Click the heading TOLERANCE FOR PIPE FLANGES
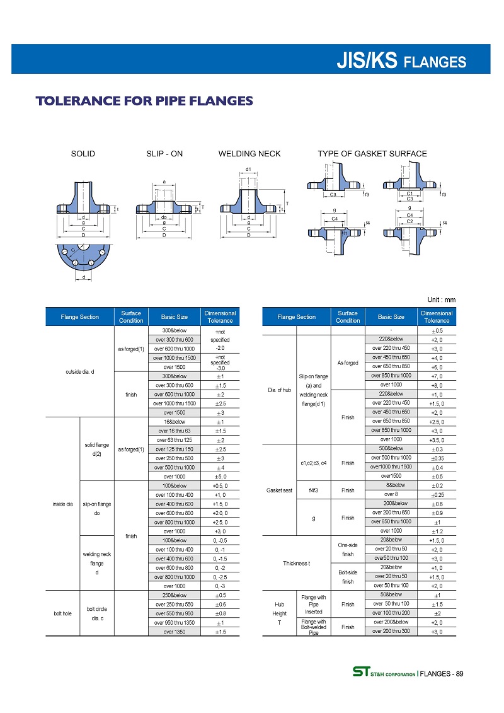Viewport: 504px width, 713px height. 144,101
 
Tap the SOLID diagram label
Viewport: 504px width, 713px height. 83,153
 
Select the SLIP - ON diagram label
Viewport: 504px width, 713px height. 164,153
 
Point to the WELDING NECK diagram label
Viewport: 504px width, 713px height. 249,153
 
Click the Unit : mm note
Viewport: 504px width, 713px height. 441,299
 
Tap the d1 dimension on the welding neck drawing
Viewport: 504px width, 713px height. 248,170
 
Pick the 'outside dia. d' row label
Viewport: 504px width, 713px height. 80,371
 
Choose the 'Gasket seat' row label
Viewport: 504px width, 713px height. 278,489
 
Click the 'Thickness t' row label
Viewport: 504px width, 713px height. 297,563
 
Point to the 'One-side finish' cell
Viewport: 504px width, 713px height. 348,549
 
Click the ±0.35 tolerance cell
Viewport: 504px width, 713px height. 436,458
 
